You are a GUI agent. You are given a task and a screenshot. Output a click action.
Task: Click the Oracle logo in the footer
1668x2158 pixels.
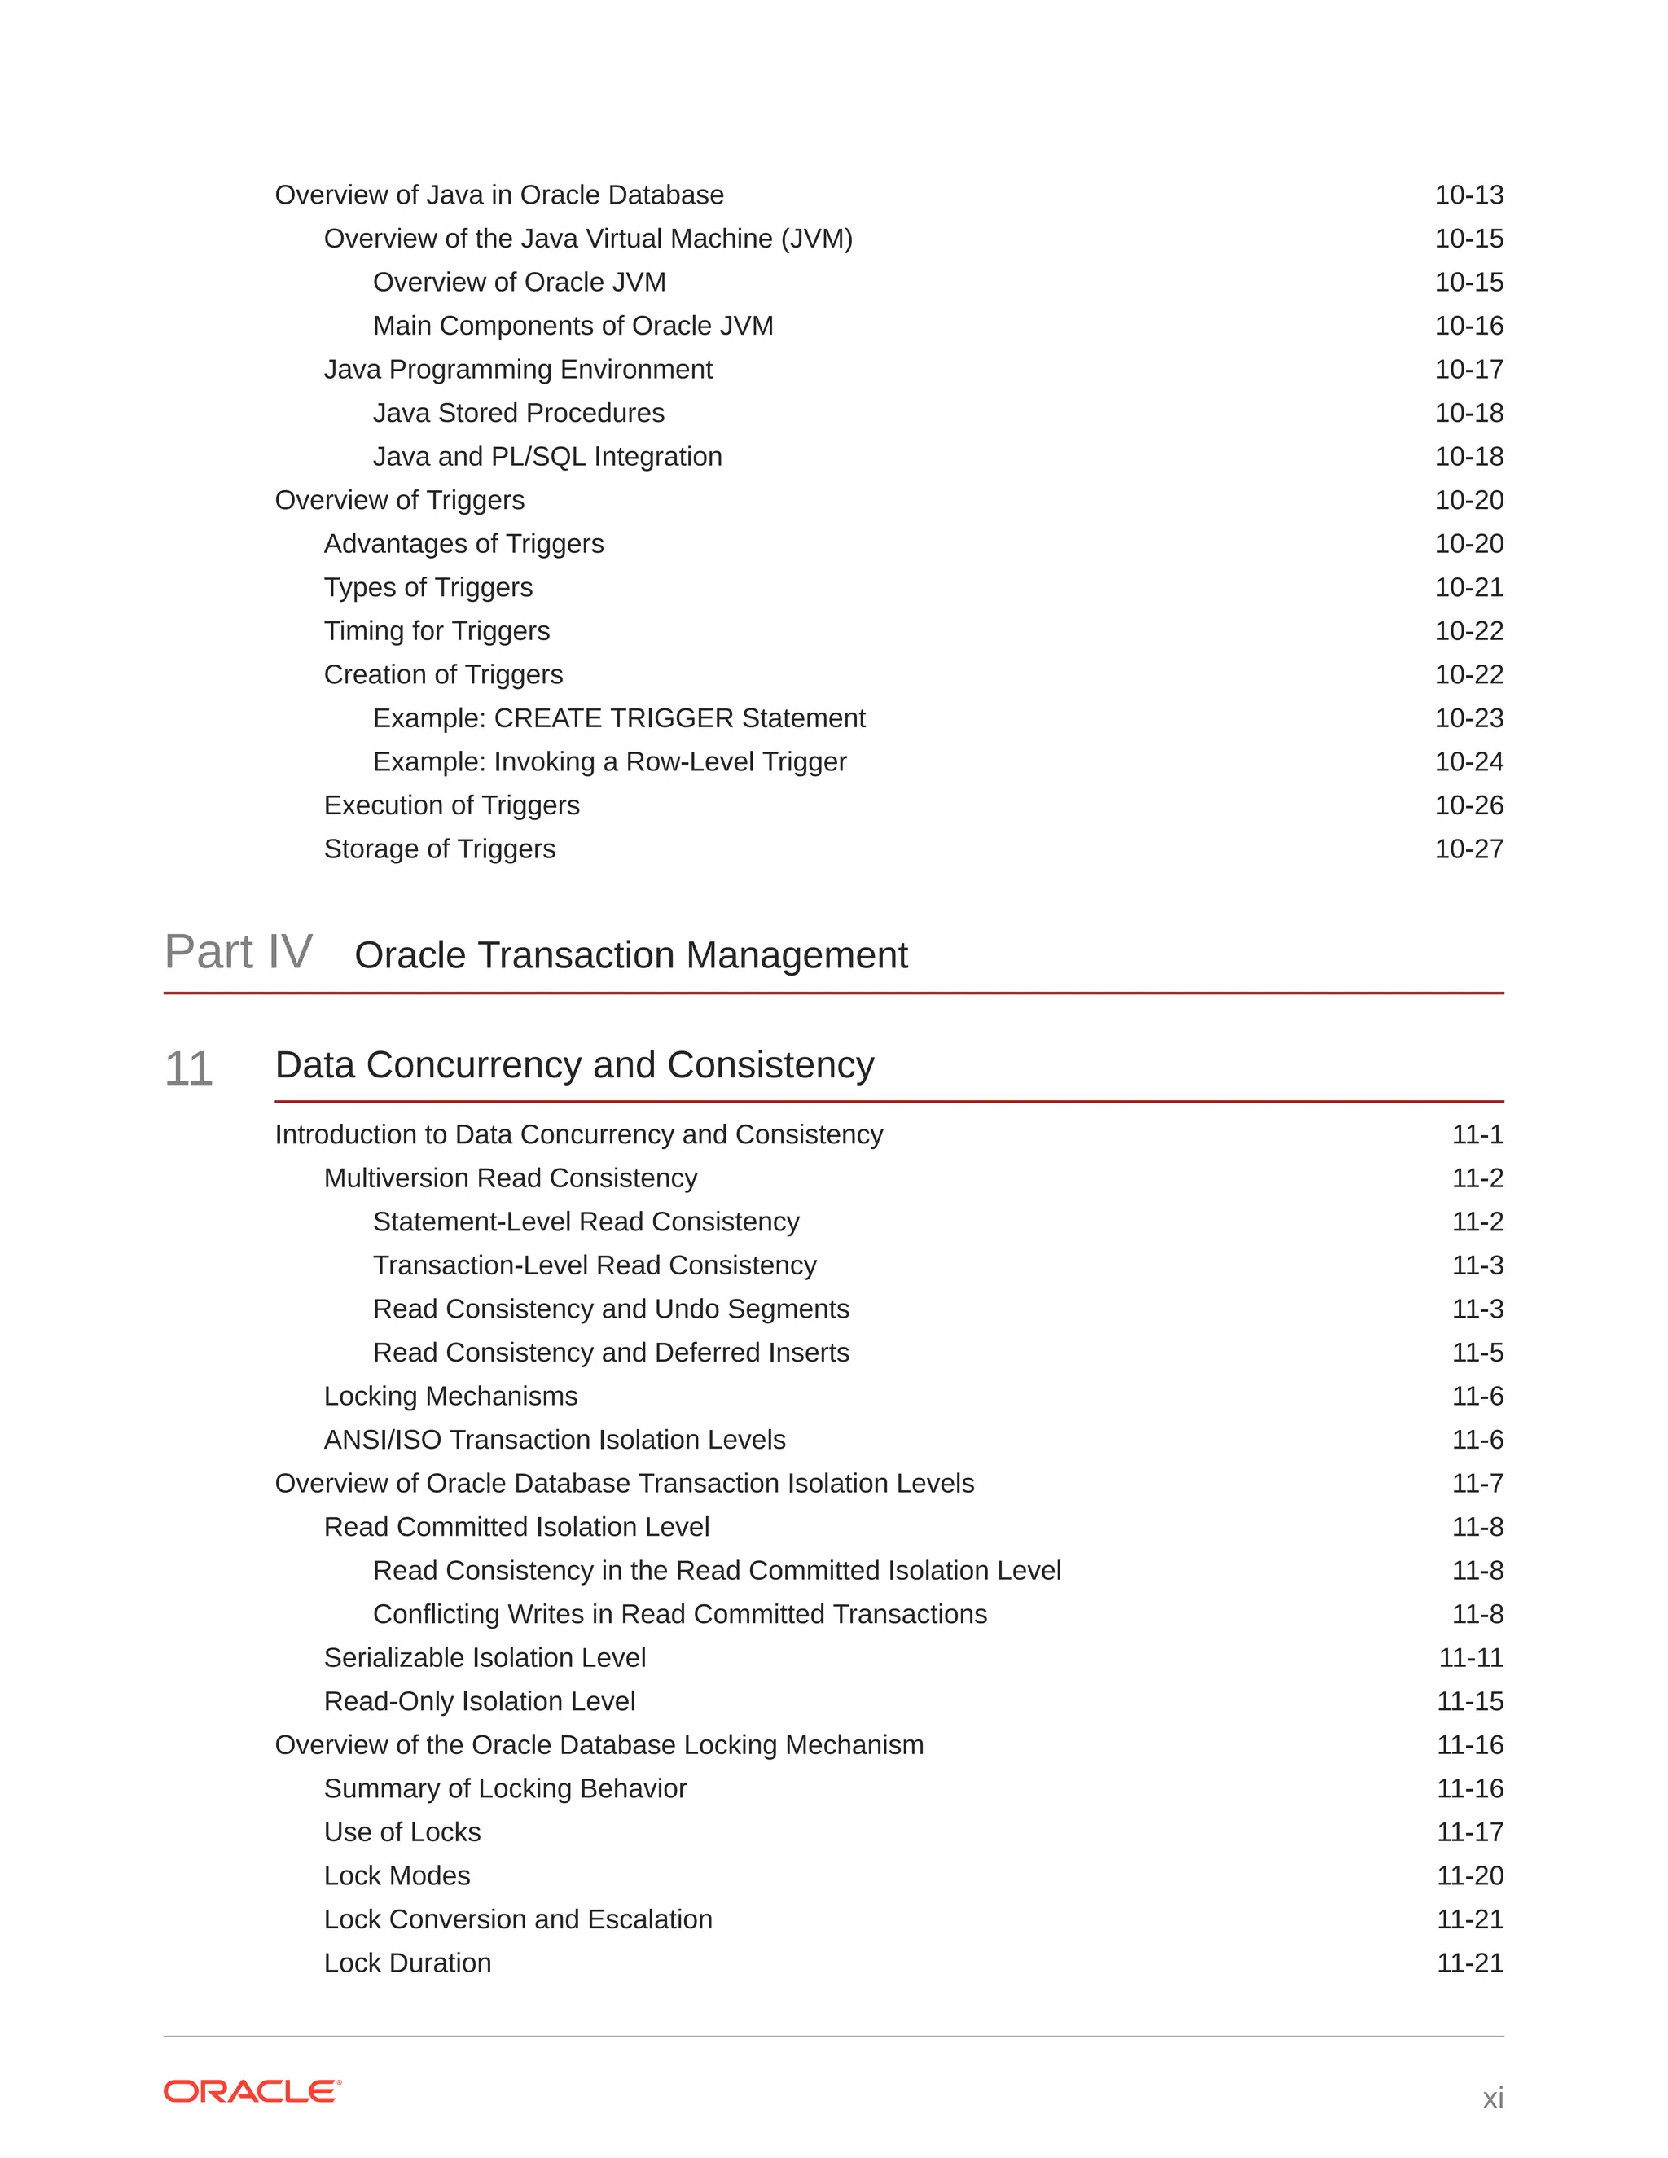252,2090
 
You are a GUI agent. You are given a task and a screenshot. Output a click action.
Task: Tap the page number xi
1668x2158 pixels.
1492,2098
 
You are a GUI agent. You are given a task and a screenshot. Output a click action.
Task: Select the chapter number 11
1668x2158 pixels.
188,1069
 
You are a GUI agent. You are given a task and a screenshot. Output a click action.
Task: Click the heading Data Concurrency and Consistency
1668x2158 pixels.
574,1065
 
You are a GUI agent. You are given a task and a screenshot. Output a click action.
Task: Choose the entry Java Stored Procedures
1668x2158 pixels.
518,413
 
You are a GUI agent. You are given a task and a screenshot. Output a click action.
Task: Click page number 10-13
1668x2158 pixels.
1468,195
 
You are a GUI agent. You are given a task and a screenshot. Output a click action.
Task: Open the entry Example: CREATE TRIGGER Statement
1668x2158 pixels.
619,718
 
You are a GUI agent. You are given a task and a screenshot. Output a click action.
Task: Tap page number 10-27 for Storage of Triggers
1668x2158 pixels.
1468,849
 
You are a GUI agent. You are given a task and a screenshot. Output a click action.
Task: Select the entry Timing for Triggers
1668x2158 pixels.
437,631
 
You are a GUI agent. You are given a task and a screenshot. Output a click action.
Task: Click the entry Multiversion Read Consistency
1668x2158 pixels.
510,1179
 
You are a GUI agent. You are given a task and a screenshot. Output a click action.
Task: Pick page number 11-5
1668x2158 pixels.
1477,1353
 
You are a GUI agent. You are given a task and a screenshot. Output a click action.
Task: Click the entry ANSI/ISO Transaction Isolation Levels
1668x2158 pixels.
555,1441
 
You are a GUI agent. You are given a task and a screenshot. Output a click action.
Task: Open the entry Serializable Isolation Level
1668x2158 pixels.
485,1658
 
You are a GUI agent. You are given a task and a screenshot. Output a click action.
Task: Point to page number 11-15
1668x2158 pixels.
1469,1701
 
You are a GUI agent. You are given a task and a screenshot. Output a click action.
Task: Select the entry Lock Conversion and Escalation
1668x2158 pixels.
518,1920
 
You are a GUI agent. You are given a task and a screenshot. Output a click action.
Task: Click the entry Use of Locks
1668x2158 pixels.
402,1833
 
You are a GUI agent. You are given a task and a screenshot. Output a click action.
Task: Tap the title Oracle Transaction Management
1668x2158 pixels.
630,955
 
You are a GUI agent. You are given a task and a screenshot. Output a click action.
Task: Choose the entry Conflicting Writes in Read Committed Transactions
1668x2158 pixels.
680,1615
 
